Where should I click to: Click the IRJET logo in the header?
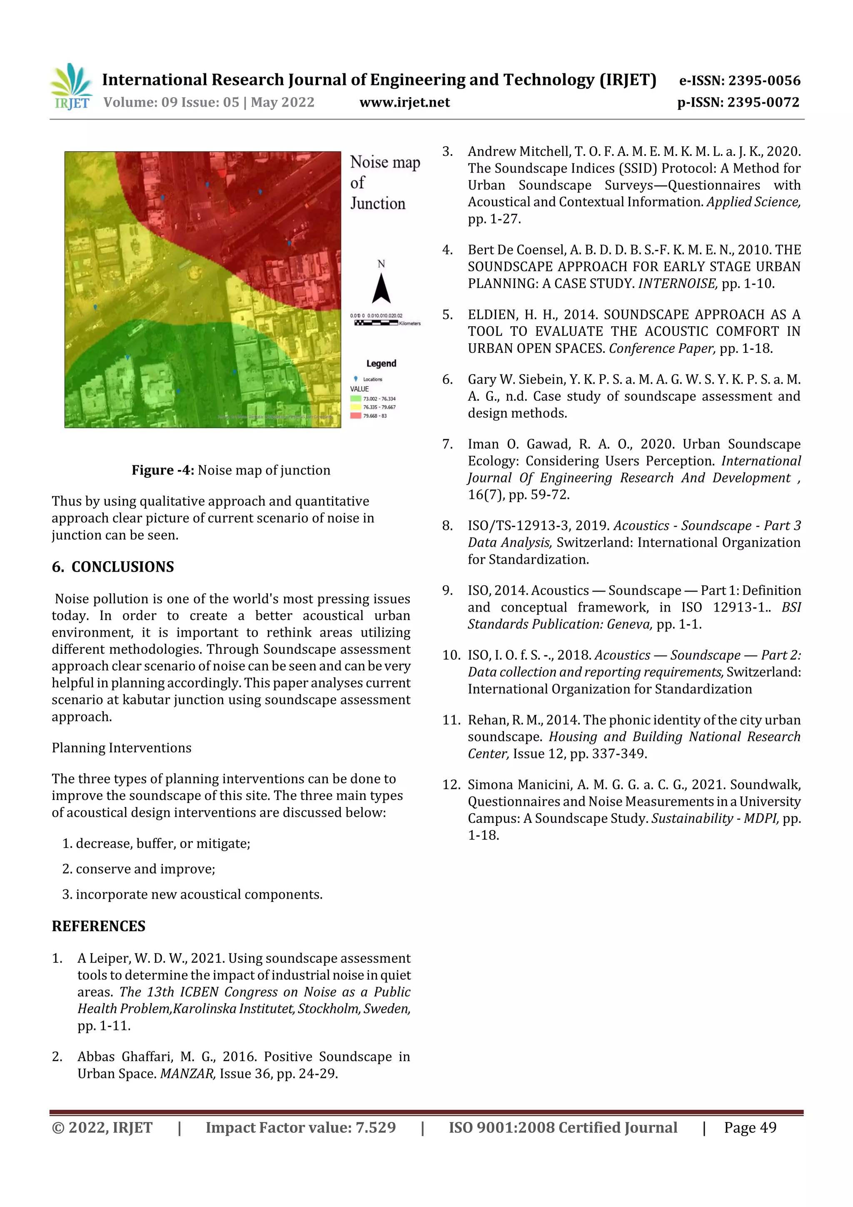click(71, 87)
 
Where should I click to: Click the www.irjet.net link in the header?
click(404, 102)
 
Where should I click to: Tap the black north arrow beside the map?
click(381, 289)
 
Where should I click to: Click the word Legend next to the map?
click(381, 363)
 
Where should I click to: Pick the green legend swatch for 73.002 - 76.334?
click(356, 398)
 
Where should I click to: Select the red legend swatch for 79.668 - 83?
click(356, 415)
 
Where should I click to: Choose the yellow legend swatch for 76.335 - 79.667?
click(356, 407)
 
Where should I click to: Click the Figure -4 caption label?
click(163, 470)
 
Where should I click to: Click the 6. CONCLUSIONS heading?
click(113, 567)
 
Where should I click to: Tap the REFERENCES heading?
click(98, 926)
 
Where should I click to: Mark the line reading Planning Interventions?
click(121, 747)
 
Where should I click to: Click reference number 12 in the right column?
click(451, 785)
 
